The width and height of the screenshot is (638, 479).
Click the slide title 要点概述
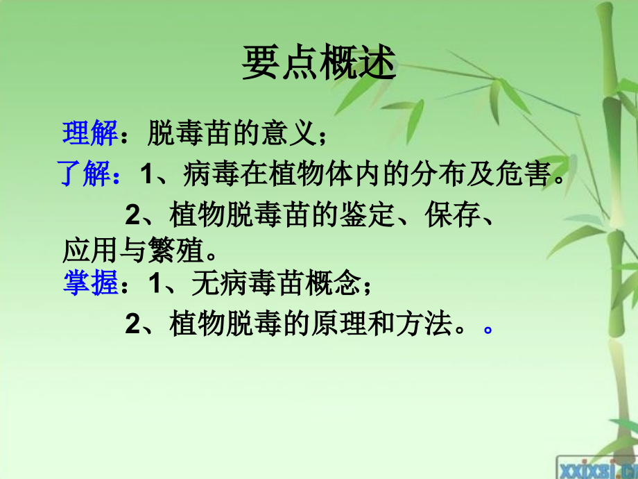click(x=318, y=65)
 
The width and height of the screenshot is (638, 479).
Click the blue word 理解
click(x=90, y=133)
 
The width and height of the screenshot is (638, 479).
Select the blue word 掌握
click(x=90, y=283)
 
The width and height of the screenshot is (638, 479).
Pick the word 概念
click(x=339, y=283)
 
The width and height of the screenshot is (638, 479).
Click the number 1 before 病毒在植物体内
click(x=146, y=176)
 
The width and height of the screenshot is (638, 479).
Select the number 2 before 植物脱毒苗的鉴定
click(x=133, y=217)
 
